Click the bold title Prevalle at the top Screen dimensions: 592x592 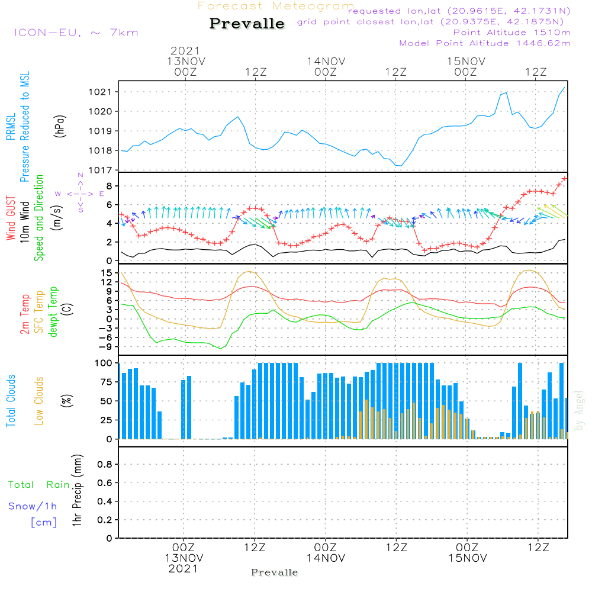(x=247, y=24)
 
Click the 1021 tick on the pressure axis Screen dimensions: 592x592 (x=100, y=92)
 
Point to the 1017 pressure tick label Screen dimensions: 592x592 (x=100, y=170)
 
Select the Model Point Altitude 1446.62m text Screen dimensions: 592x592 (x=485, y=43)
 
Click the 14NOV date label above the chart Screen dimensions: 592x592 (x=326, y=62)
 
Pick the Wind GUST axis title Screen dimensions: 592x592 (x=11, y=218)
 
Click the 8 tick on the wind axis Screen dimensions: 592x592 (x=109, y=186)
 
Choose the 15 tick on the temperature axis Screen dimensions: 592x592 (x=107, y=272)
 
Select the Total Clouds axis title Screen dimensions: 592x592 (x=11, y=401)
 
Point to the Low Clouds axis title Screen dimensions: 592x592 (x=38, y=401)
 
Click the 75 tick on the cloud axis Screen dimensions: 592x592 (x=106, y=382)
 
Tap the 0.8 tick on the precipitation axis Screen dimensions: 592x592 (x=105, y=464)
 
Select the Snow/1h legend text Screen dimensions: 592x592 (x=33, y=506)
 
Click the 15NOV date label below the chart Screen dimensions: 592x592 (x=468, y=558)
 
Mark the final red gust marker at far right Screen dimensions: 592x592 (x=564, y=179)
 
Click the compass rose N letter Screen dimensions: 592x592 (x=81, y=175)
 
